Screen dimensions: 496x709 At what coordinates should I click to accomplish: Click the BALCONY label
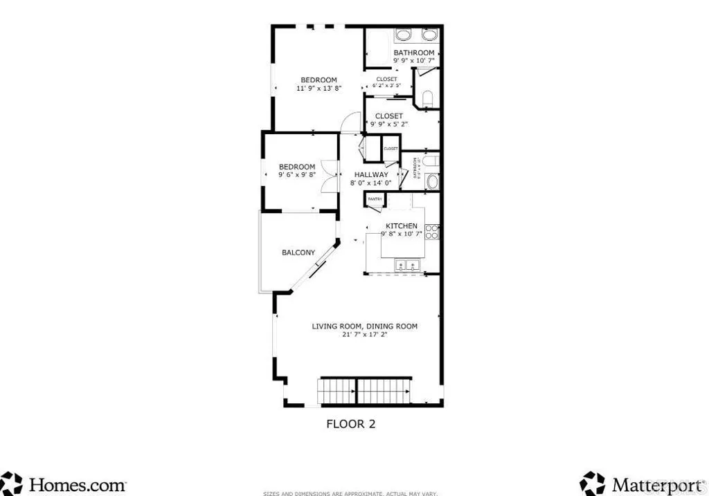[298, 252]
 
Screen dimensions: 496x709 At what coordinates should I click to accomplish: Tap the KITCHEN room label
[401, 226]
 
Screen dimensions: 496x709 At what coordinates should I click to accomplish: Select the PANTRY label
[375, 199]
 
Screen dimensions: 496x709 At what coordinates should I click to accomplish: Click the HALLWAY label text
[371, 175]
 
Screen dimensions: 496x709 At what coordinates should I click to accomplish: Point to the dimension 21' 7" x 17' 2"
[364, 335]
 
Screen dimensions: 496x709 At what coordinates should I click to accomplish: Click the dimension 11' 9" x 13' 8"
[318, 89]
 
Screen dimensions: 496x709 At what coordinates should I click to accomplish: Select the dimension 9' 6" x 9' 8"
[297, 175]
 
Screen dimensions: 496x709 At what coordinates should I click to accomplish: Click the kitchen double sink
[406, 265]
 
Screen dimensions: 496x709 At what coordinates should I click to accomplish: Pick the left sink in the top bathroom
[403, 36]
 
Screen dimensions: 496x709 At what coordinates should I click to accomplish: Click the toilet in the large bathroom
[427, 98]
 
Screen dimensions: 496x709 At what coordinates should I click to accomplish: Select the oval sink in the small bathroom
[433, 182]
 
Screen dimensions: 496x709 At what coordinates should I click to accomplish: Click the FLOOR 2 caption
[350, 424]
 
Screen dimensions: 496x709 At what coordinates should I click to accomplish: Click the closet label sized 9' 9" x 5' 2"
[388, 120]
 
